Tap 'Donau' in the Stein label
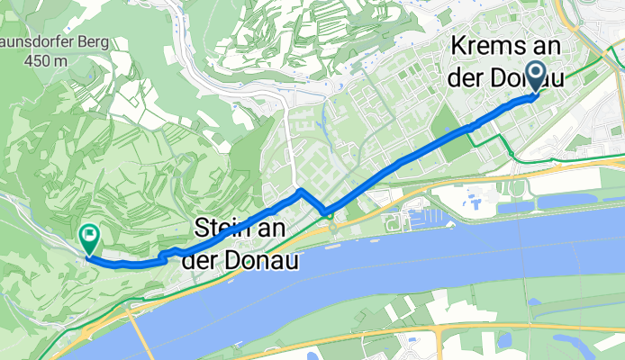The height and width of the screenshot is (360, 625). (x=267, y=258)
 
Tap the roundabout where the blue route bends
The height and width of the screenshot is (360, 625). (x=330, y=213)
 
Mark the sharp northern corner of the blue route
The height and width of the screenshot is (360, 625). (x=300, y=192)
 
